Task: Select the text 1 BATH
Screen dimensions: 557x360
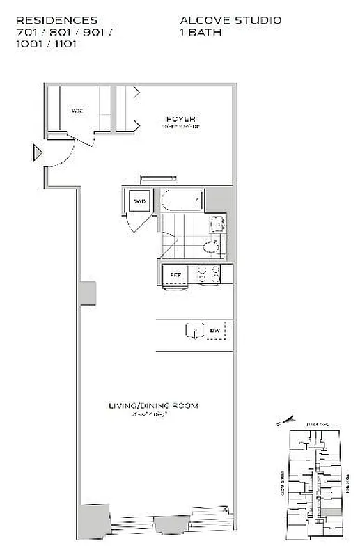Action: pyautogui.click(x=201, y=32)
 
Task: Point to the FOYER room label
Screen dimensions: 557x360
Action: pyautogui.click(x=180, y=118)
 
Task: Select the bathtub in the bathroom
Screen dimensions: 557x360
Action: pyautogui.click(x=182, y=201)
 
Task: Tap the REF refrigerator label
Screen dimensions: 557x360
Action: pyautogui.click(x=175, y=274)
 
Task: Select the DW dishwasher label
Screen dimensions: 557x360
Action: pyautogui.click(x=214, y=331)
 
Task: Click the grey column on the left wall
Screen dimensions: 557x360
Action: pyautogui.click(x=88, y=292)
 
